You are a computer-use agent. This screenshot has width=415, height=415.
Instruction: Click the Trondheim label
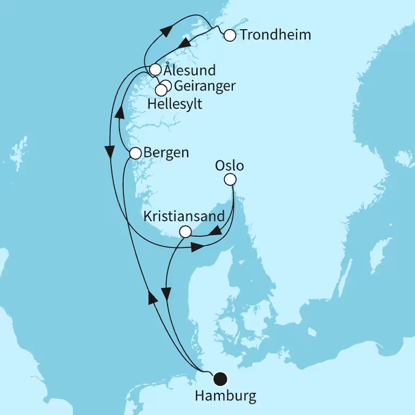click(x=276, y=36)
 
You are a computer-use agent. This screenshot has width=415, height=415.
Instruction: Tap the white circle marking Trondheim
click(x=230, y=36)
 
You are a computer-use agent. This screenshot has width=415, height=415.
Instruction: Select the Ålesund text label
click(x=190, y=70)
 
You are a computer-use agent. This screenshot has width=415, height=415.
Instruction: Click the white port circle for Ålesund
click(x=155, y=70)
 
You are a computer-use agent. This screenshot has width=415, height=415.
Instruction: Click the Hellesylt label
click(x=175, y=104)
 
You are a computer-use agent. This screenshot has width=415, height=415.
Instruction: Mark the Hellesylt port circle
click(x=161, y=90)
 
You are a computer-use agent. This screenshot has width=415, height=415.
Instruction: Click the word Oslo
click(x=230, y=165)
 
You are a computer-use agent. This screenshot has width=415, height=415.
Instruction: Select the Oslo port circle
click(x=230, y=179)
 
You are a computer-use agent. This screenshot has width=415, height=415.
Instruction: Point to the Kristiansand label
click(x=184, y=217)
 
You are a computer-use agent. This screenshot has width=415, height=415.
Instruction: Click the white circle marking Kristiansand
click(x=185, y=232)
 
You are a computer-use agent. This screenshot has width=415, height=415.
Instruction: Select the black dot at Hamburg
click(x=220, y=378)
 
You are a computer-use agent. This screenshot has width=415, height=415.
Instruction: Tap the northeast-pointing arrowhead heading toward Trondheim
click(x=164, y=29)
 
